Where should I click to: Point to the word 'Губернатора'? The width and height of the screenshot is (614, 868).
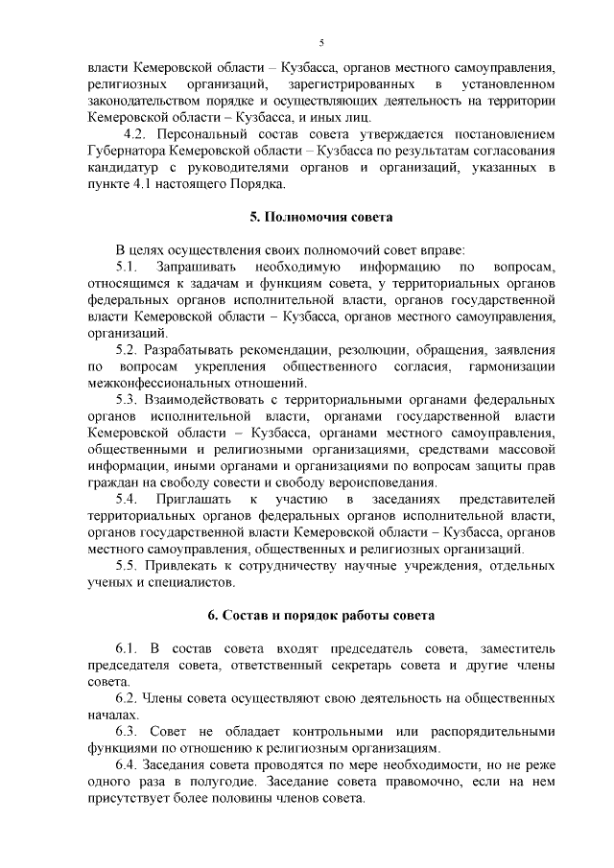(125, 152)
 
